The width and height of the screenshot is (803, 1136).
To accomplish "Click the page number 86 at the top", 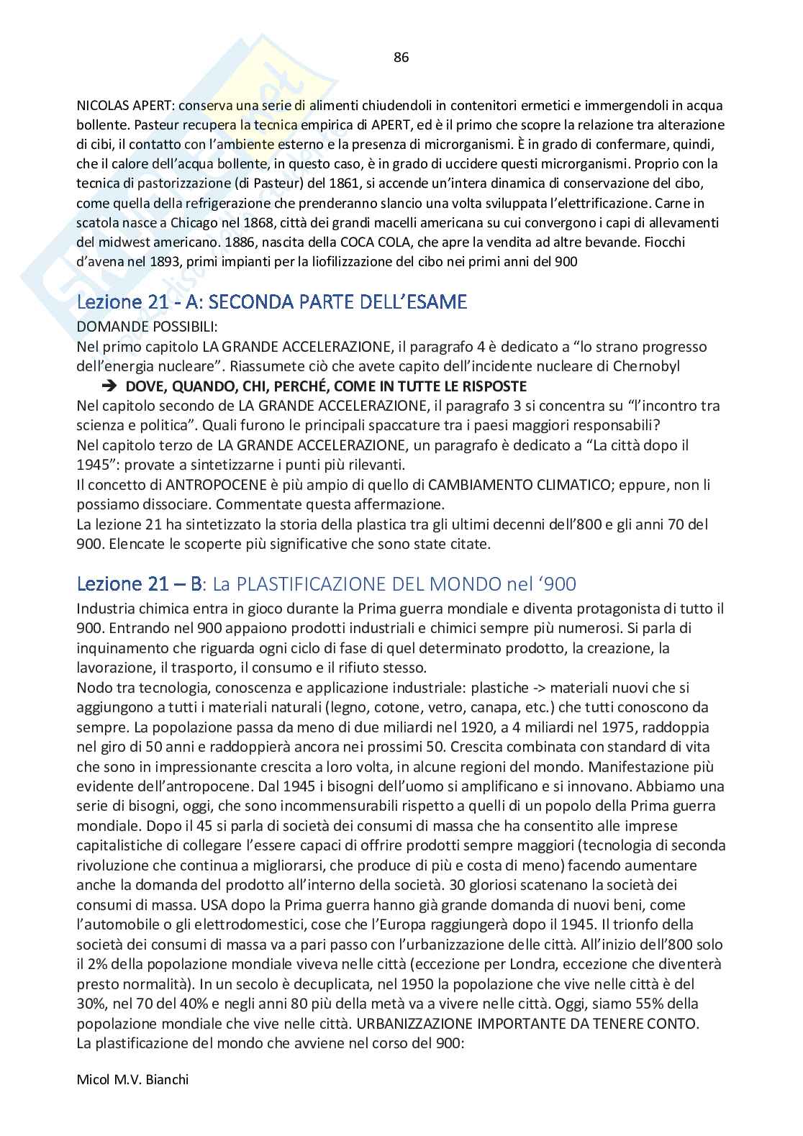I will pos(401,58).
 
